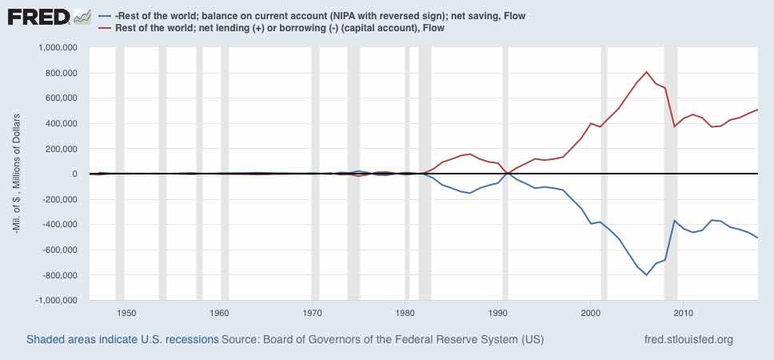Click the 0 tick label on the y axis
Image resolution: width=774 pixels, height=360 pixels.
coord(72,174)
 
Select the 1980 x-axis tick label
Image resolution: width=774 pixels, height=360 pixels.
coord(405,313)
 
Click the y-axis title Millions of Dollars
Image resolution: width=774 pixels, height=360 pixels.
coord(18,174)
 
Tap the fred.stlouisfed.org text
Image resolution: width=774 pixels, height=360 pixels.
coord(688,339)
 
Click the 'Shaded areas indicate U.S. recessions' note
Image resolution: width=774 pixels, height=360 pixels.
coord(122,339)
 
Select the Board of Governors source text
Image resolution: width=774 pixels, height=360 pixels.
coord(382,339)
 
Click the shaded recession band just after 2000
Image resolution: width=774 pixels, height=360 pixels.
coord(604,174)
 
